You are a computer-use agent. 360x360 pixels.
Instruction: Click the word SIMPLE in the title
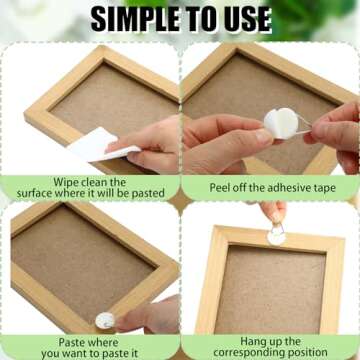pos(137,18)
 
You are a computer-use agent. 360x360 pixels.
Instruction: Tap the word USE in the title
pos(242,18)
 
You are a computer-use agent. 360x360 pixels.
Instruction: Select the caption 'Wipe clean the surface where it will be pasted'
pos(89,188)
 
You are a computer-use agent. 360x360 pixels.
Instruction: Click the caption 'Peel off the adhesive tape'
pos(269,187)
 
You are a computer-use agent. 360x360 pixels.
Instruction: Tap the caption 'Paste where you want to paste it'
pos(89,346)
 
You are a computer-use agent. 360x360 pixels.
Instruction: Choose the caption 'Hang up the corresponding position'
pos(270,346)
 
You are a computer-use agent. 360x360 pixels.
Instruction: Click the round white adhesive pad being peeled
pos(282,123)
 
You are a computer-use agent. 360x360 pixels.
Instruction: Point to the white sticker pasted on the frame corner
pos(104,320)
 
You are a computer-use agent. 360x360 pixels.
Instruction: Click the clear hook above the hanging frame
pos(276,232)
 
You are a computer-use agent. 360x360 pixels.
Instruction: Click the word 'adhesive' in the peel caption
pos(288,187)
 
